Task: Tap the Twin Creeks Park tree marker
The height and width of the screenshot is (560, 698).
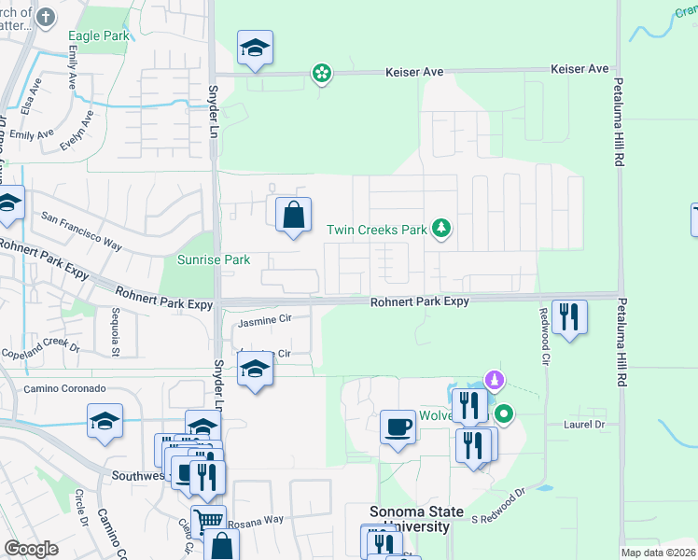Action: tap(440, 229)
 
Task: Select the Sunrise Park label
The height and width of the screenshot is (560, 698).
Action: tap(214, 259)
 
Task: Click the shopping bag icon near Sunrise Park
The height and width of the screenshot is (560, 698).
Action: tap(293, 216)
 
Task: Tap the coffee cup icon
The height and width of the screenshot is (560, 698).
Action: tap(398, 428)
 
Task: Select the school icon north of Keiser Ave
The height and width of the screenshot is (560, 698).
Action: tap(255, 49)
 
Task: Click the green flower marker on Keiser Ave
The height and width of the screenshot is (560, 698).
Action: tap(322, 73)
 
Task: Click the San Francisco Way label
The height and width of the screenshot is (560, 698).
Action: tap(82, 230)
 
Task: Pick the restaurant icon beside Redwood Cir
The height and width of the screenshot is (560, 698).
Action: tap(568, 317)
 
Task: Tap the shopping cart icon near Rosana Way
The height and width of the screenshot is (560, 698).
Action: tap(208, 521)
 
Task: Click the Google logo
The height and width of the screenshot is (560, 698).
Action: tap(31, 549)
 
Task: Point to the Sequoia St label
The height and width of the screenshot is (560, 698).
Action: tap(115, 333)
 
